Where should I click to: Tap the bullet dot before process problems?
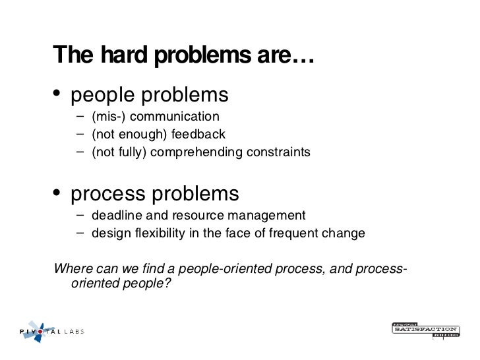pos(58,194)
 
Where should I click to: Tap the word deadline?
pos(114,215)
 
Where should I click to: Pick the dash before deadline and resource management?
pos(80,215)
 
